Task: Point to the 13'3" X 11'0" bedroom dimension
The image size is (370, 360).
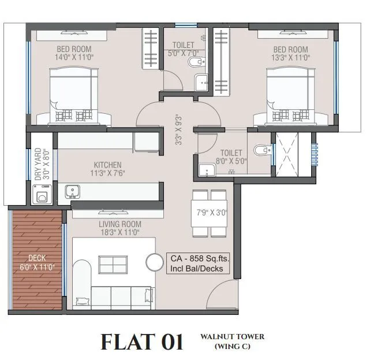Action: pyautogui.click(x=291, y=57)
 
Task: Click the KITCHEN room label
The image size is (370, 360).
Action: pyautogui.click(x=108, y=165)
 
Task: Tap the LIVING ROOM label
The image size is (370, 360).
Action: pyautogui.click(x=119, y=224)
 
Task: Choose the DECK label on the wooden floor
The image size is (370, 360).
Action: pyautogui.click(x=36, y=258)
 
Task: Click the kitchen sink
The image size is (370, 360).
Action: pyautogui.click(x=72, y=190)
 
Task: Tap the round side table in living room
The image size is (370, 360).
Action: pyautogui.click(x=155, y=262)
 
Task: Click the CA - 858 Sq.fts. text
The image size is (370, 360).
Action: pyautogui.click(x=199, y=259)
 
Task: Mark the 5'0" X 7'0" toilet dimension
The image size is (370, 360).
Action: pyautogui.click(x=183, y=53)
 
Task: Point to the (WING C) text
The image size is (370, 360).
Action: pyautogui.click(x=232, y=347)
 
